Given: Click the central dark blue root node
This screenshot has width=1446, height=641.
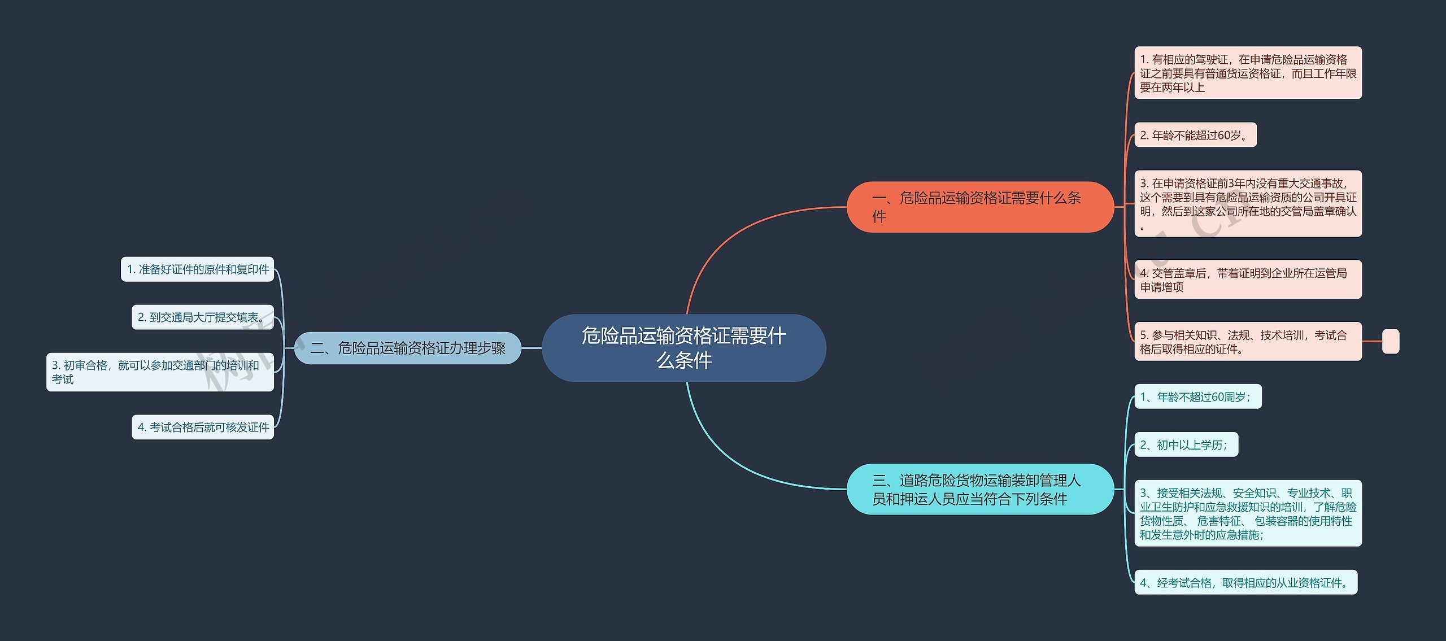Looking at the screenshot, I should [x=683, y=348].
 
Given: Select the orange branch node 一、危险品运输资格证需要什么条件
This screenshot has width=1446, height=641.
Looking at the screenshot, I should [x=979, y=207].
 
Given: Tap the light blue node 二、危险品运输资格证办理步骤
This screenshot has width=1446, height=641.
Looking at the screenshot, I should [x=407, y=348].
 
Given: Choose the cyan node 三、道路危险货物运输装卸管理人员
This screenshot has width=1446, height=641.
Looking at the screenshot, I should [x=979, y=489].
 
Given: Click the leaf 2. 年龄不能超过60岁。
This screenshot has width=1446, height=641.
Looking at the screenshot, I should [x=1195, y=135].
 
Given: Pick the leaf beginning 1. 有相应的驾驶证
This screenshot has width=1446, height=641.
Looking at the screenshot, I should [x=1248, y=73].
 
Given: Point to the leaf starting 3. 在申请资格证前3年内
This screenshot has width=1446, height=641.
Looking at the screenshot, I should [x=1248, y=203].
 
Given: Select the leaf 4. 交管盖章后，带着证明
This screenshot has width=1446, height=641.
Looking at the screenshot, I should [x=1248, y=280].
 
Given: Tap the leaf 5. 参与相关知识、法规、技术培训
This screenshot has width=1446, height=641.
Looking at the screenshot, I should [x=1248, y=342].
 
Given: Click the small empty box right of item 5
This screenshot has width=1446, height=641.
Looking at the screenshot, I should [x=1390, y=342].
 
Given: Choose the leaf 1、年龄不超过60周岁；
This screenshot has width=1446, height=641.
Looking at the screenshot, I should [x=1197, y=397].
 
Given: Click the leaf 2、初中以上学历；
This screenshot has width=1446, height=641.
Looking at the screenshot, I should [x=1186, y=445].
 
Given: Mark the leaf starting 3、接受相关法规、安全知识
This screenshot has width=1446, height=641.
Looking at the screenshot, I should [x=1248, y=513].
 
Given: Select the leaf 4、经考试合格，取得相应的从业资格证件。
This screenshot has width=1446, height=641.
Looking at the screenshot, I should [x=1245, y=582].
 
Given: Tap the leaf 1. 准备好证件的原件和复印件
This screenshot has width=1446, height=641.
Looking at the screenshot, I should [x=197, y=269].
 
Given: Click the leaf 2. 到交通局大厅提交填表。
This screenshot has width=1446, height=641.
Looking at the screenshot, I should [x=202, y=317].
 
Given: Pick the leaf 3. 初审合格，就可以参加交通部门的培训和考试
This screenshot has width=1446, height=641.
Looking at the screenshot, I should [x=160, y=372].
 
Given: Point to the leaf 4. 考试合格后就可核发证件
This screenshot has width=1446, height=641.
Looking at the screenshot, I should [x=202, y=427].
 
